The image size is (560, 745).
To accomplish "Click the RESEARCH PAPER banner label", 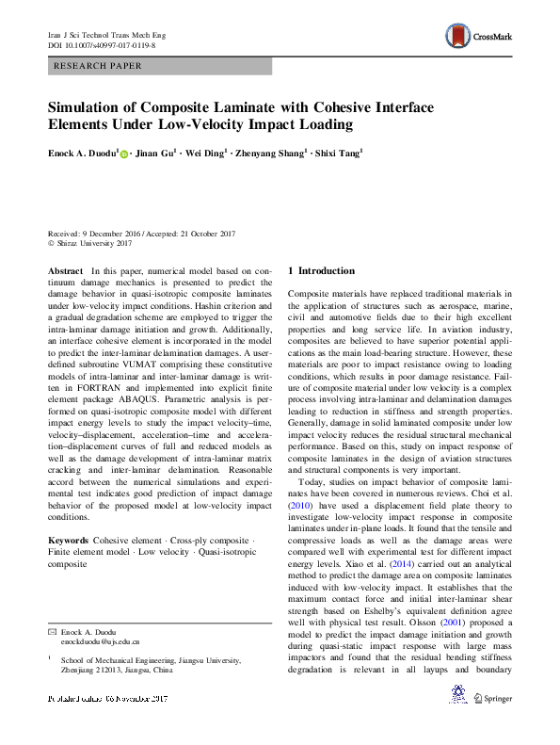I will [x=99, y=66].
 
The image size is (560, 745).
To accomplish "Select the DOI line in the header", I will [x=102, y=44].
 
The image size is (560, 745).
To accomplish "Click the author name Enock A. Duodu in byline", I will [x=82, y=153].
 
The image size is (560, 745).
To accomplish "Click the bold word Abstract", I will [x=66, y=270].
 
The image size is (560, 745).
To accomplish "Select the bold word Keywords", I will [x=68, y=541].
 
